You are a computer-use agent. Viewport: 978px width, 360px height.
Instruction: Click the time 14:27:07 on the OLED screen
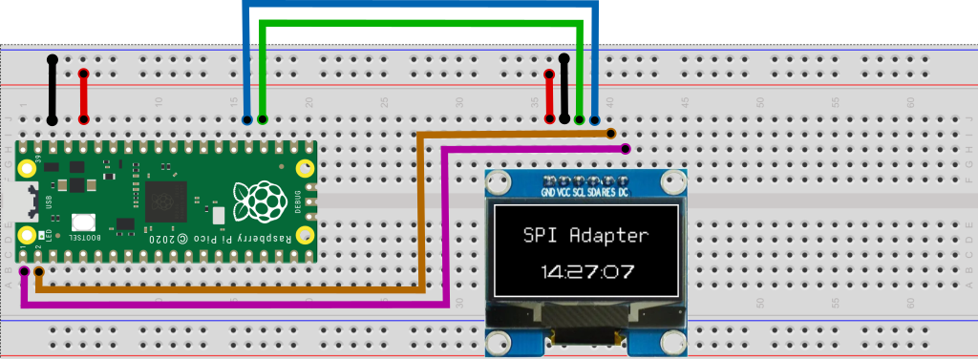[x=586, y=271]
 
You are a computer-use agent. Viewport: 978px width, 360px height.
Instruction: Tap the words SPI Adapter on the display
[x=586, y=235]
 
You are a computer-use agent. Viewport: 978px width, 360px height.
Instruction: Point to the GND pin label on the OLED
[x=548, y=193]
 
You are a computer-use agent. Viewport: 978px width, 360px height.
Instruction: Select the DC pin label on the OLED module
[x=623, y=193]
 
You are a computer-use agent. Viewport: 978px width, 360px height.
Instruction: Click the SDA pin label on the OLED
[x=594, y=193]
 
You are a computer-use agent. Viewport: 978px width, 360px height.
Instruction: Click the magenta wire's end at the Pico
[x=23, y=271]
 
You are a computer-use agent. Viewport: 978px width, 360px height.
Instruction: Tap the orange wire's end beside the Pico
[x=38, y=272]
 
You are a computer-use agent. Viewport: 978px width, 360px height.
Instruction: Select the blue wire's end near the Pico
[x=247, y=120]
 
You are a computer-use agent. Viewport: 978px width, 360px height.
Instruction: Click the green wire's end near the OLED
[x=580, y=120]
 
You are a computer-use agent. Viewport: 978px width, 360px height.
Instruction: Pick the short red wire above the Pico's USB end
[x=83, y=95]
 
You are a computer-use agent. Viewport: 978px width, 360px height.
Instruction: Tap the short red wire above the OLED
[x=549, y=95]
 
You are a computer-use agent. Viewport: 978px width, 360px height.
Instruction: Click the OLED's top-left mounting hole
[x=497, y=181]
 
